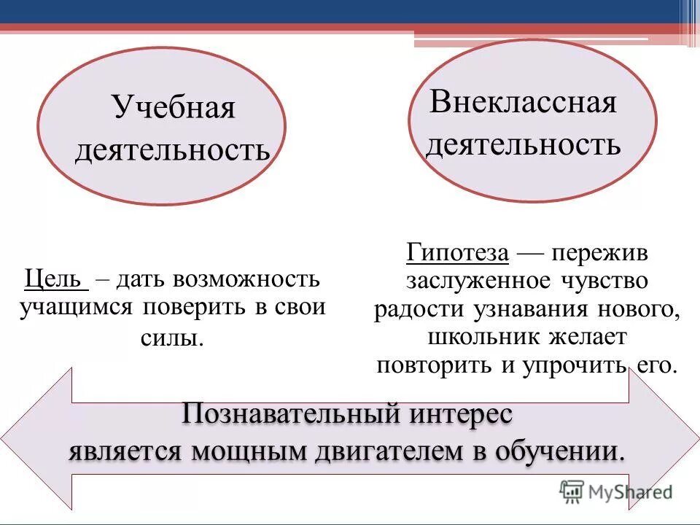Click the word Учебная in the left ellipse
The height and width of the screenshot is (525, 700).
point(174,109)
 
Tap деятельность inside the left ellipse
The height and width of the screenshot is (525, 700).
point(172,151)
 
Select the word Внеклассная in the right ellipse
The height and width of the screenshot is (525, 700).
point(523,102)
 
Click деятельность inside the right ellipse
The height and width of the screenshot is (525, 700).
point(523,144)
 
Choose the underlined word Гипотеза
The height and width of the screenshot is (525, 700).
point(457,253)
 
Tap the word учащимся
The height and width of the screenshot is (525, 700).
point(75,306)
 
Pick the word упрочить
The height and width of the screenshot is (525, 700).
point(575,365)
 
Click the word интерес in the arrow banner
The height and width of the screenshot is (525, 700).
point(461,414)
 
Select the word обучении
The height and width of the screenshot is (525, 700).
point(559,451)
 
